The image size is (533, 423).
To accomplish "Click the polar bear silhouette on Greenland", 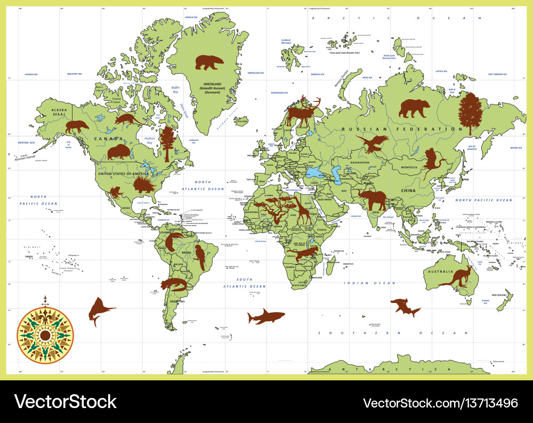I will tap(209, 62).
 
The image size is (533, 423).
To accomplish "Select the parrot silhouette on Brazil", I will tap(200, 258).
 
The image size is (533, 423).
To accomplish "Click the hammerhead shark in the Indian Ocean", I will tap(405, 307).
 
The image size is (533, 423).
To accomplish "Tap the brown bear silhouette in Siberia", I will tap(414, 108).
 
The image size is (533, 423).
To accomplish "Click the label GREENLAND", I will tap(212, 84).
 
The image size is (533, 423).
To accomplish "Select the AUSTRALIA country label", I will tap(438, 271).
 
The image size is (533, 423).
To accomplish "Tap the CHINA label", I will tap(409, 190).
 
